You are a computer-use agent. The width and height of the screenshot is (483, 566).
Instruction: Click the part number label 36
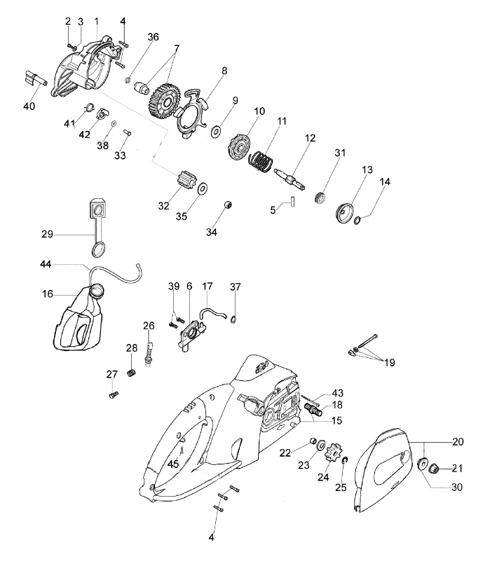[153, 37]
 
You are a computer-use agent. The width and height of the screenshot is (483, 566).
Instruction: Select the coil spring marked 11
[261, 163]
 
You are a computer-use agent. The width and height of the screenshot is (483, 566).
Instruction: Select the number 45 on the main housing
[172, 463]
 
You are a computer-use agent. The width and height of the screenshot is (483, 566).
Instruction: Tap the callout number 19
[390, 363]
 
